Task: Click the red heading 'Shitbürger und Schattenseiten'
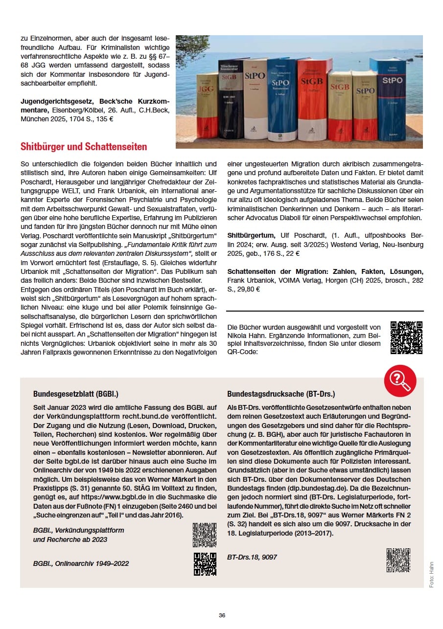coord(84,147)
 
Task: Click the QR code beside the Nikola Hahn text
coord(406,337)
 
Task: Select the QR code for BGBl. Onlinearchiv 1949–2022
coord(205,563)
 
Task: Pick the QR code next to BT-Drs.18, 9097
coord(398,561)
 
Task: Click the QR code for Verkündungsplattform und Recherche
coord(205,535)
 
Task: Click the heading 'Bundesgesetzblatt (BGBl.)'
coord(76,394)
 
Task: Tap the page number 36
coord(222,615)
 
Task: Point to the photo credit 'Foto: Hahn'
coord(431,574)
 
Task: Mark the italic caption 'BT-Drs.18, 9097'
coord(252,557)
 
